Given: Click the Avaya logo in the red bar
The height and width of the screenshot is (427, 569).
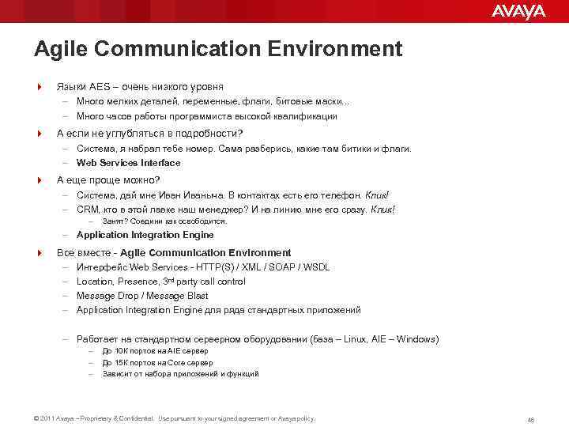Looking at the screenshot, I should pos(518,11).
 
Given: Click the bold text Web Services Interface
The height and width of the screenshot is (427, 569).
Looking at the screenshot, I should pos(128,163).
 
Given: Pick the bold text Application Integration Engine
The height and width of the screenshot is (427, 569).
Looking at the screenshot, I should pos(145,235).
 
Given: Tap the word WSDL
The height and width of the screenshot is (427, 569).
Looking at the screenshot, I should pos(316,267).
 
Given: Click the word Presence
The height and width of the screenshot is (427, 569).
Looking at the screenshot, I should pos(137,282).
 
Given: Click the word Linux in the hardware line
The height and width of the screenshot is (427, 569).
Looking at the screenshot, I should pos(352,339).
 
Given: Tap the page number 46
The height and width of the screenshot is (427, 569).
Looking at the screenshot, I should pos(530,419).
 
